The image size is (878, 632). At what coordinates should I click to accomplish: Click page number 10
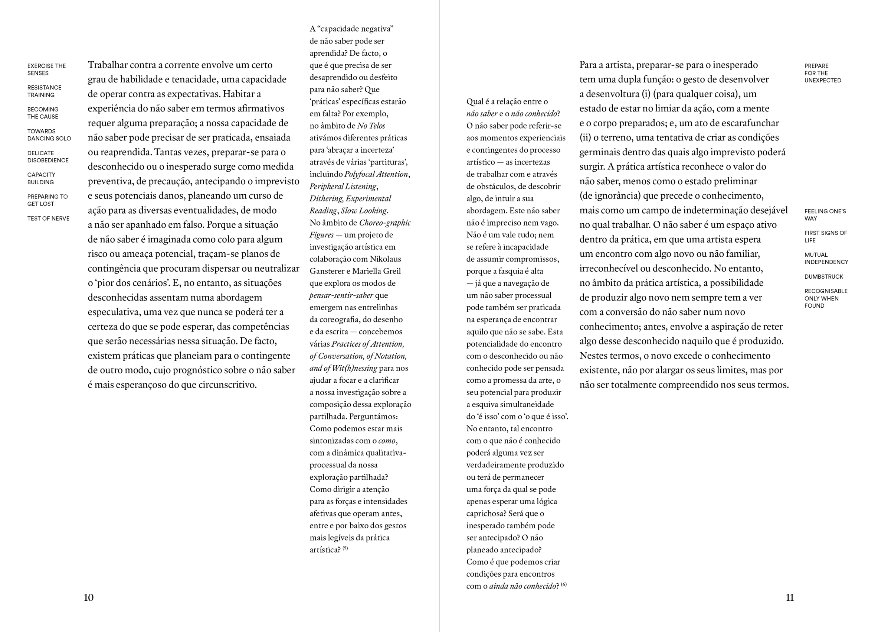[89, 597]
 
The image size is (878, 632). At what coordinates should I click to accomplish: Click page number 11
[790, 597]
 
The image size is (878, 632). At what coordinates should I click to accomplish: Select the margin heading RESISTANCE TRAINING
[44, 91]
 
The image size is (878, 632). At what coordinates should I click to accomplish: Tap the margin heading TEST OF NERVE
[48, 218]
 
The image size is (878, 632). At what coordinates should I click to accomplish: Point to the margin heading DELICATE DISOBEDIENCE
[47, 156]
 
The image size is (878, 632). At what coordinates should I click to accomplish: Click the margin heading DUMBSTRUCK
[823, 277]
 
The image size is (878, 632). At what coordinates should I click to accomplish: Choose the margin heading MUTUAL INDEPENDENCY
[826, 259]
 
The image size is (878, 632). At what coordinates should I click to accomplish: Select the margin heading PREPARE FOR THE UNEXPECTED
[823, 73]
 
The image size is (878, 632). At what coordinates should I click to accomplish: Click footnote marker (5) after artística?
[345, 548]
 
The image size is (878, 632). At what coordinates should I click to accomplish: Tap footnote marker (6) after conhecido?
[564, 584]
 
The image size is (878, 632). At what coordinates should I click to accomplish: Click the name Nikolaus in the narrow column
[385, 259]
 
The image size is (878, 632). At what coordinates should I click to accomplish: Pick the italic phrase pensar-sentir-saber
[341, 296]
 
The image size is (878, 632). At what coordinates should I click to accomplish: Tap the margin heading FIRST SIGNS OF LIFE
[825, 236]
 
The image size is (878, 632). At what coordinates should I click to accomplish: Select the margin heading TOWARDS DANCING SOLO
[49, 135]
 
